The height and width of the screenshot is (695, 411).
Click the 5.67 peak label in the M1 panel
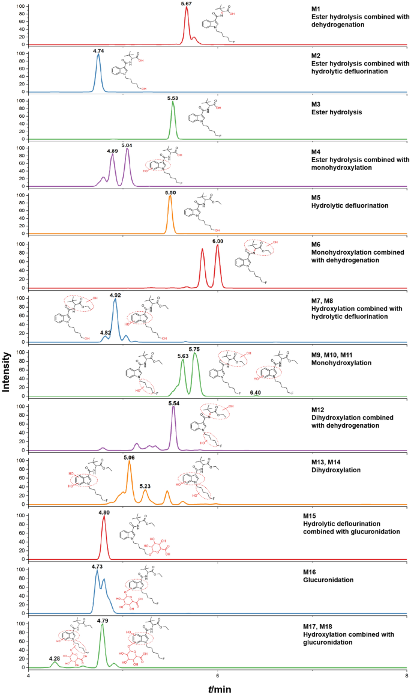click(x=187, y=4)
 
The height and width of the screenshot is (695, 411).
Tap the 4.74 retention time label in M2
click(x=99, y=51)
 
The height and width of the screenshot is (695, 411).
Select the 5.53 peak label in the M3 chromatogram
click(x=173, y=97)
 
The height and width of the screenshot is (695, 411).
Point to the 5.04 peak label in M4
click(x=127, y=145)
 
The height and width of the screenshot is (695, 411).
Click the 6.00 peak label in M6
click(x=218, y=241)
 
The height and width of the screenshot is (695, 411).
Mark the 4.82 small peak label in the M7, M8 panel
click(x=105, y=332)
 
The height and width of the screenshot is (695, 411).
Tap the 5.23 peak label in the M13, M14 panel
click(x=145, y=487)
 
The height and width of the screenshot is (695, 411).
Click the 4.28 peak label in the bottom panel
click(x=54, y=658)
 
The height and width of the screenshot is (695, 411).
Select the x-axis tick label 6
click(x=218, y=676)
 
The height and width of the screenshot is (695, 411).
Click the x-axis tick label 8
click(x=407, y=676)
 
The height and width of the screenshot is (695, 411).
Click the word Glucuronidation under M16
click(x=328, y=580)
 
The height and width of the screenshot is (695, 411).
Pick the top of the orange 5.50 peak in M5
click(x=170, y=196)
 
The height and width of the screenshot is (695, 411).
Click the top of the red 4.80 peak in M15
click(x=104, y=516)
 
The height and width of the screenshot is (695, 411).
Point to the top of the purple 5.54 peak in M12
click(x=173, y=407)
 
